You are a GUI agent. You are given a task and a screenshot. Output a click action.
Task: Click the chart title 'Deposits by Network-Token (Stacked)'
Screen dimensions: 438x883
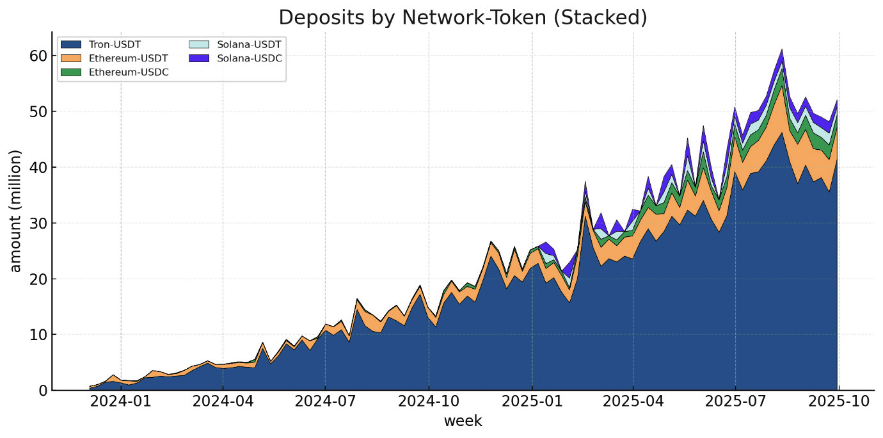point(463,17)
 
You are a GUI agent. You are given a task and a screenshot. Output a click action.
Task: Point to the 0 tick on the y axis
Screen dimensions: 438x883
point(42,390)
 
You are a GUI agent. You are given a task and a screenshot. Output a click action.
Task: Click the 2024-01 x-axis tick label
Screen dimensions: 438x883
point(121,402)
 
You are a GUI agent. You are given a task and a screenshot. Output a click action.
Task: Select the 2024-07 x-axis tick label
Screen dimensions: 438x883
point(325,402)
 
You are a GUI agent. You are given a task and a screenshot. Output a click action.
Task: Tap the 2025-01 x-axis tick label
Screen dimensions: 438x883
point(532,402)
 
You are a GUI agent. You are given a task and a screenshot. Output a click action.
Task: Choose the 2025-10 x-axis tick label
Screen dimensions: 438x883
point(838,402)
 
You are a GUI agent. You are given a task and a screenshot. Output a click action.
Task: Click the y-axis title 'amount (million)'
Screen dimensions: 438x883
point(16,211)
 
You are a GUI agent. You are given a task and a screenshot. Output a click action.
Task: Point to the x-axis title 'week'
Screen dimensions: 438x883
point(463,421)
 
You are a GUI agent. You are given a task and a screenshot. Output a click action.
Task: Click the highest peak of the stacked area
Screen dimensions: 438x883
point(782,50)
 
